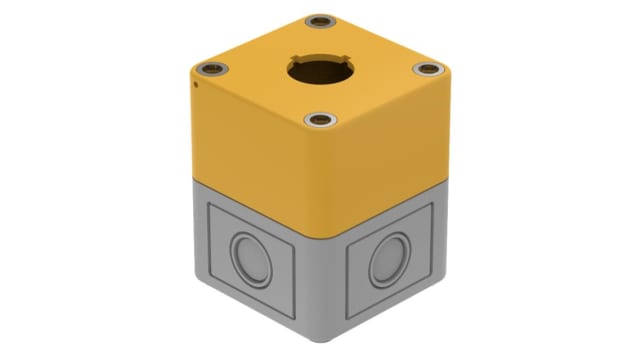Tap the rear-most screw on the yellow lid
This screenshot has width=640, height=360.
(x=320, y=21)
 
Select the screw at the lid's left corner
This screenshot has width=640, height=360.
(x=212, y=69)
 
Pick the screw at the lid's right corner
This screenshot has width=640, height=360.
(x=425, y=69)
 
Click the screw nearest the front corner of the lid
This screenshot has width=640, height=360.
(x=319, y=121)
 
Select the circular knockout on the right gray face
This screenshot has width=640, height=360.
(x=385, y=264)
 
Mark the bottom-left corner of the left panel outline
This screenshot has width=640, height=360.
(x=210, y=277)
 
